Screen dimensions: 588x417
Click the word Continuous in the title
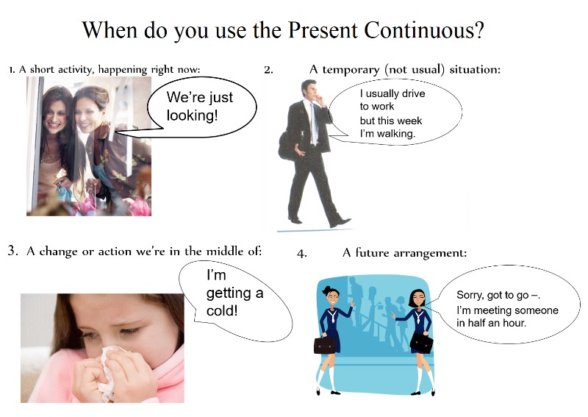(x=423, y=30)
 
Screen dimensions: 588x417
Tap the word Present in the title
(x=322, y=30)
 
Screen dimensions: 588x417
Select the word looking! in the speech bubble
(x=193, y=115)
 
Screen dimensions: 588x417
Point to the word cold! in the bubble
(x=222, y=311)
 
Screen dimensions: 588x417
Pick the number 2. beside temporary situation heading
(x=268, y=70)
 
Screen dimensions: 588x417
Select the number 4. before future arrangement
(x=302, y=254)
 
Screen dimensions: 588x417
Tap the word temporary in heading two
(x=351, y=70)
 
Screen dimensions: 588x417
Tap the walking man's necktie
(x=313, y=123)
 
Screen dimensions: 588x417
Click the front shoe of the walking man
(x=340, y=222)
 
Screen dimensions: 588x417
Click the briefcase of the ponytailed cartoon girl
(x=325, y=345)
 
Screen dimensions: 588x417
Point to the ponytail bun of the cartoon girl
(x=324, y=289)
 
